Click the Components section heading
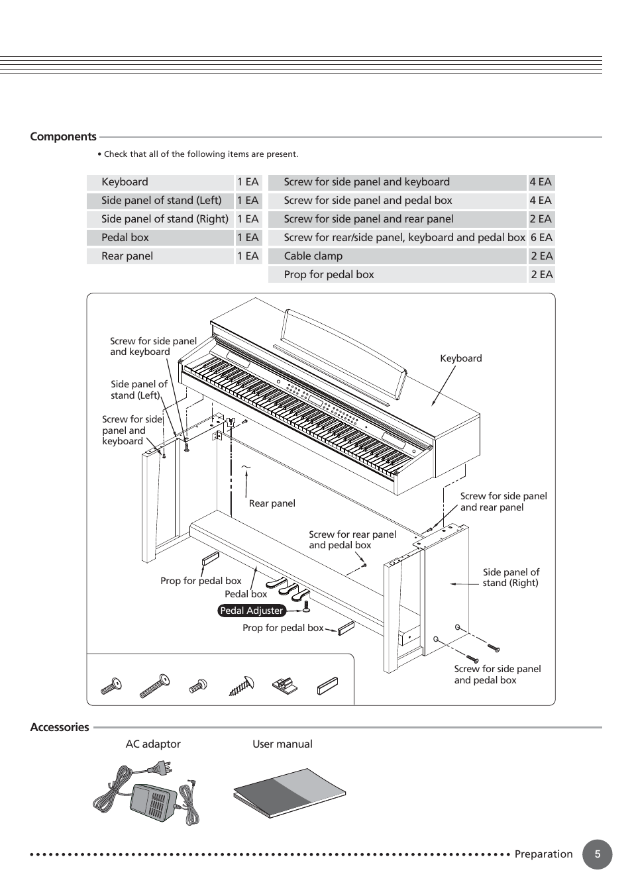[63, 137]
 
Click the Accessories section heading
[59, 727]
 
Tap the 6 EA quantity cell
[541, 238]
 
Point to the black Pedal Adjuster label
[251, 611]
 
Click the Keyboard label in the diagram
[460, 358]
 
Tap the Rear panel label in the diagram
[272, 503]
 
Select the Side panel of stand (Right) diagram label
[510, 577]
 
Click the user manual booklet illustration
[290, 793]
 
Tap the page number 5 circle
[597, 854]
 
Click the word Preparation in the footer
[543, 854]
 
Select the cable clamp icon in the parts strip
[284, 685]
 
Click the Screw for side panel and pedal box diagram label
[497, 674]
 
